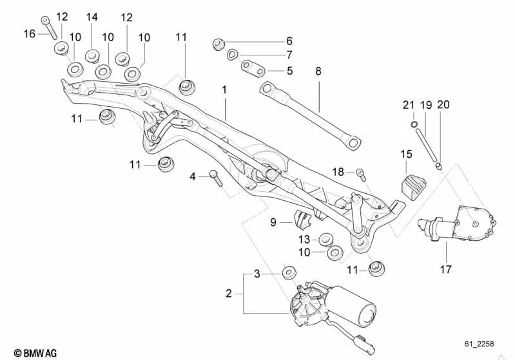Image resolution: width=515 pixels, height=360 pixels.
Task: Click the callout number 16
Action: point(29,33)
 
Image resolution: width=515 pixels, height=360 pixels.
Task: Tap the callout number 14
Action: point(92,17)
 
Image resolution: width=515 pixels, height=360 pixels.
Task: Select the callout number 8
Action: point(318,71)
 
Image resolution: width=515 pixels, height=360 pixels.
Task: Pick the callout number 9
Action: point(273,223)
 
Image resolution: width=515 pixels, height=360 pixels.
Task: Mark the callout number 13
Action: point(304,240)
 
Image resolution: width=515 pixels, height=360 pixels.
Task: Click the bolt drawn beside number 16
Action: point(48,25)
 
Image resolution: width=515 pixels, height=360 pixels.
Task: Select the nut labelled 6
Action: point(219,44)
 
